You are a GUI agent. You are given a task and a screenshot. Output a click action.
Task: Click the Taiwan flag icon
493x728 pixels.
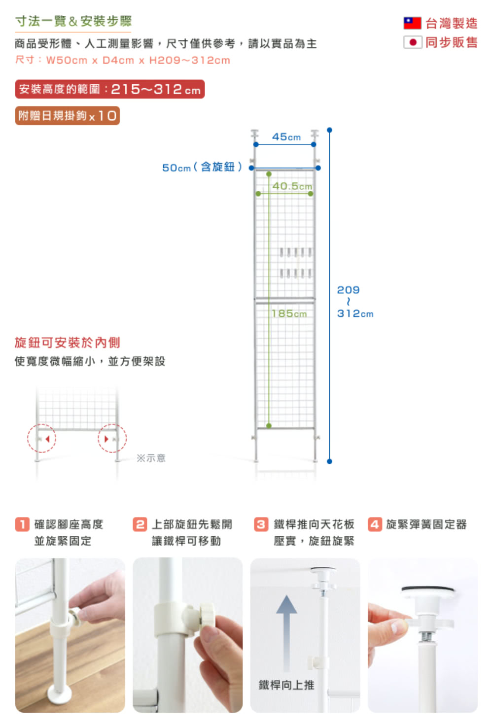coord(412,23)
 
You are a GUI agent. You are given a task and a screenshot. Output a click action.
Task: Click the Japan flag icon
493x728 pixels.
coord(413,42)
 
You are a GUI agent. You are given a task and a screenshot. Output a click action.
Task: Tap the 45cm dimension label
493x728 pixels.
coord(286,137)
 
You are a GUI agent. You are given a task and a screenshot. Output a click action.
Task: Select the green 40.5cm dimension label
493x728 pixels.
coord(292,186)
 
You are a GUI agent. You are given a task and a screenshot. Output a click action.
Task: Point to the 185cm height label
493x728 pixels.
coord(289,313)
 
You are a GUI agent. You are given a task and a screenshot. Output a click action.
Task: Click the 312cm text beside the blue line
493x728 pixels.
coord(355,313)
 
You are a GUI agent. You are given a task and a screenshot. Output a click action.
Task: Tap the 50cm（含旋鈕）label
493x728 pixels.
coord(202,167)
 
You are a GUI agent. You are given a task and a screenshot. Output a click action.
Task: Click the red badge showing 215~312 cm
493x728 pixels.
coord(109,89)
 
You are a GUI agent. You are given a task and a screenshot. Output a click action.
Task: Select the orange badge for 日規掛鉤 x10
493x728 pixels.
coord(68,116)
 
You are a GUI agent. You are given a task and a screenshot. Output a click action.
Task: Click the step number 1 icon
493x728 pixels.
coord(22,524)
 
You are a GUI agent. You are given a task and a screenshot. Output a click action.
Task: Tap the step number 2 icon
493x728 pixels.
coord(140,524)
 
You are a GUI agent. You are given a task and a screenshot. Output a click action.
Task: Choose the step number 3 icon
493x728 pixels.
coord(261,524)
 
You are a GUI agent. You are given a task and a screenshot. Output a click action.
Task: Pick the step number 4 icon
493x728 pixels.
coord(375,524)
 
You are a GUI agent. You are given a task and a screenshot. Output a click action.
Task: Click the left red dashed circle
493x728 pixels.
coord(42,438)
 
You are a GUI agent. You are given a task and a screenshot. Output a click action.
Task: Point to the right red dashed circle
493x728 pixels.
coord(112,438)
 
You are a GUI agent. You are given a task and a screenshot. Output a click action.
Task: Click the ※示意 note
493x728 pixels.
coord(151,458)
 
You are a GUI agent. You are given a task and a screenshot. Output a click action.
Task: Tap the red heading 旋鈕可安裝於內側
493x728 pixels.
coord(68,342)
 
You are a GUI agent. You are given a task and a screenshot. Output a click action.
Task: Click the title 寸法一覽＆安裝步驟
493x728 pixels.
coord(73,21)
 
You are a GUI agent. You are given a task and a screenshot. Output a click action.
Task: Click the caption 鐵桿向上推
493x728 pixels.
coord(286,685)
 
